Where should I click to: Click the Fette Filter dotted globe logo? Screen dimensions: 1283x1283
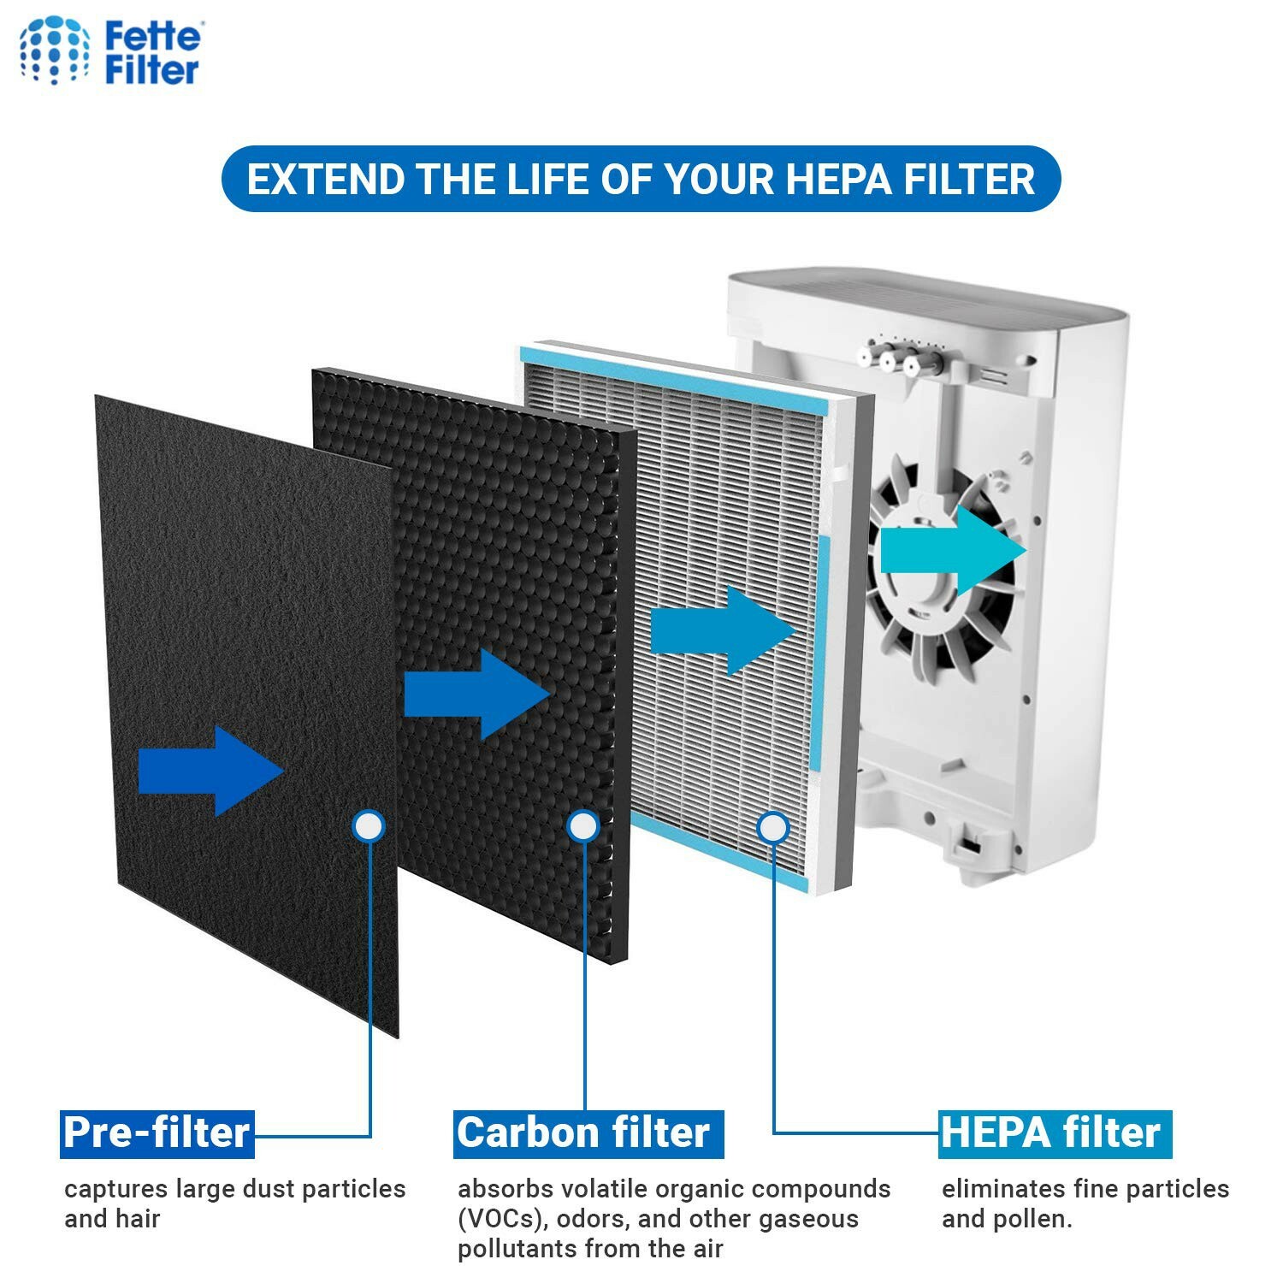coord(55,50)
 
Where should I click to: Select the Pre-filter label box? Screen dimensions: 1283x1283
coord(157,1133)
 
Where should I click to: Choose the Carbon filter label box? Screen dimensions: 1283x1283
coord(588,1133)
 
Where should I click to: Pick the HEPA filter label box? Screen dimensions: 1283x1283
coord(1054,1133)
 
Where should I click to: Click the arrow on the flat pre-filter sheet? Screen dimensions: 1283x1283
coord(210,771)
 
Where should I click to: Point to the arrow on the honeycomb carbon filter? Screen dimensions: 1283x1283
coord(476,694)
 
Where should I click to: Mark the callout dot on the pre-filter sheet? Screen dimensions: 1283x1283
coord(369,826)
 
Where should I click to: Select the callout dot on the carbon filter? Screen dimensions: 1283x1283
coord(583,826)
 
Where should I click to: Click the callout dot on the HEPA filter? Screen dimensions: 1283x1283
coord(773,827)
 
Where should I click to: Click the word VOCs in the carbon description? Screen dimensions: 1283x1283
coord(499,1219)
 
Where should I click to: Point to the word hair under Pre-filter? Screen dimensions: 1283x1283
coord(137,1219)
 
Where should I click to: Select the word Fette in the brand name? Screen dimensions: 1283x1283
coord(153,37)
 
